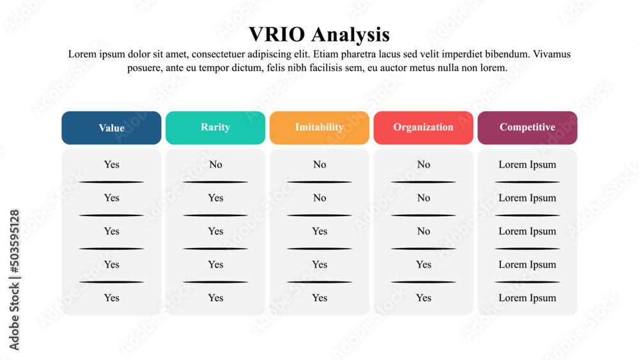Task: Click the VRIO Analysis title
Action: [319, 35]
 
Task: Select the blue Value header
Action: [111, 128]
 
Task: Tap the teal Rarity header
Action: [215, 128]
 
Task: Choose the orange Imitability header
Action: [319, 128]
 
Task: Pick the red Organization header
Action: [423, 128]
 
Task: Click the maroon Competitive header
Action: [527, 128]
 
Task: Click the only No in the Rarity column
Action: [215, 164]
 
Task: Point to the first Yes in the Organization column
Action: [424, 264]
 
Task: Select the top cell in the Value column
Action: [111, 164]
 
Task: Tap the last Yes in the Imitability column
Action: [319, 297]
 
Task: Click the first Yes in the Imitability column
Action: [319, 231]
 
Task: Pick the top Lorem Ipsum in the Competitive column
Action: [527, 165]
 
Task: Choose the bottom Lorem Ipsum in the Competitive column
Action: [527, 298]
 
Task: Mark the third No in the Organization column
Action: [424, 231]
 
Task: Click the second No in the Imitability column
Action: [319, 198]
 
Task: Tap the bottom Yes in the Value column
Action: [111, 297]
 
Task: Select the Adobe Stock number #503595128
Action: [14, 241]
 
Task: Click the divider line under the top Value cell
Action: [111, 182]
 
